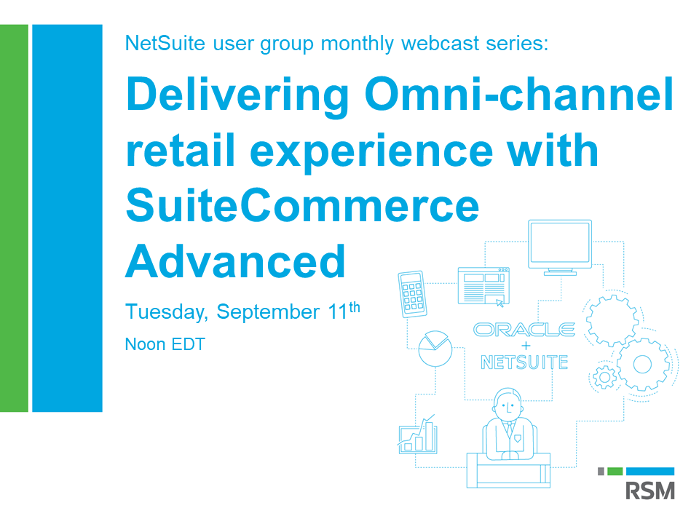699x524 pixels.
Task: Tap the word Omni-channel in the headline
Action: coord(519,94)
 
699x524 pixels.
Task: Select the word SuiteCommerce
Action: coord(303,205)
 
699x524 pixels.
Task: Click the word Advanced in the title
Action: coord(235,261)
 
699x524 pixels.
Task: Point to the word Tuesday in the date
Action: coord(167,312)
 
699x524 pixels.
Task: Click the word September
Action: coord(268,312)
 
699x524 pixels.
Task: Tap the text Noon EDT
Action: coord(165,344)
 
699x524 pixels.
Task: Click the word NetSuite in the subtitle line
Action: coord(165,43)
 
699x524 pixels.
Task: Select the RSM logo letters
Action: coord(650,491)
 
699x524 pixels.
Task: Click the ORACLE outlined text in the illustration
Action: coord(524,330)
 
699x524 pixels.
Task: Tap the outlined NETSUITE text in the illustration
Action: coord(524,362)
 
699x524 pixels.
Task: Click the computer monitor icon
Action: coord(560,247)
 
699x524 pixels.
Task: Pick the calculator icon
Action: coord(412,294)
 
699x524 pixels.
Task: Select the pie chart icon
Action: coord(435,349)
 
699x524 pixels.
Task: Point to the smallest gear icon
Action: coord(605,377)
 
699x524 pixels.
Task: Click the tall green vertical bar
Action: coord(14,218)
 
